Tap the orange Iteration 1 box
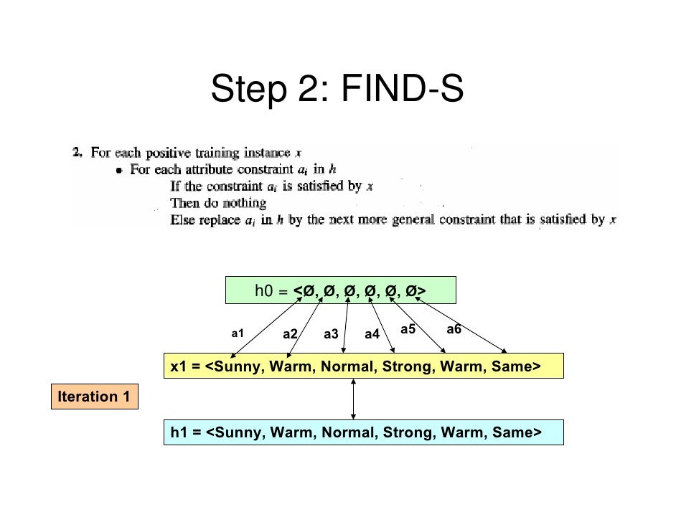click(94, 397)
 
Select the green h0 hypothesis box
click(340, 291)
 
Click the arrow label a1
click(238, 333)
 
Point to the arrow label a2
click(290, 334)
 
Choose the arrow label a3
click(331, 334)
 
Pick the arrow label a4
click(372, 334)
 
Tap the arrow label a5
click(408, 329)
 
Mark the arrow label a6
click(454, 329)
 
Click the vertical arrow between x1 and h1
click(353, 399)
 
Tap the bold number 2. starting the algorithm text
click(78, 153)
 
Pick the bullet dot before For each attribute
click(119, 171)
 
